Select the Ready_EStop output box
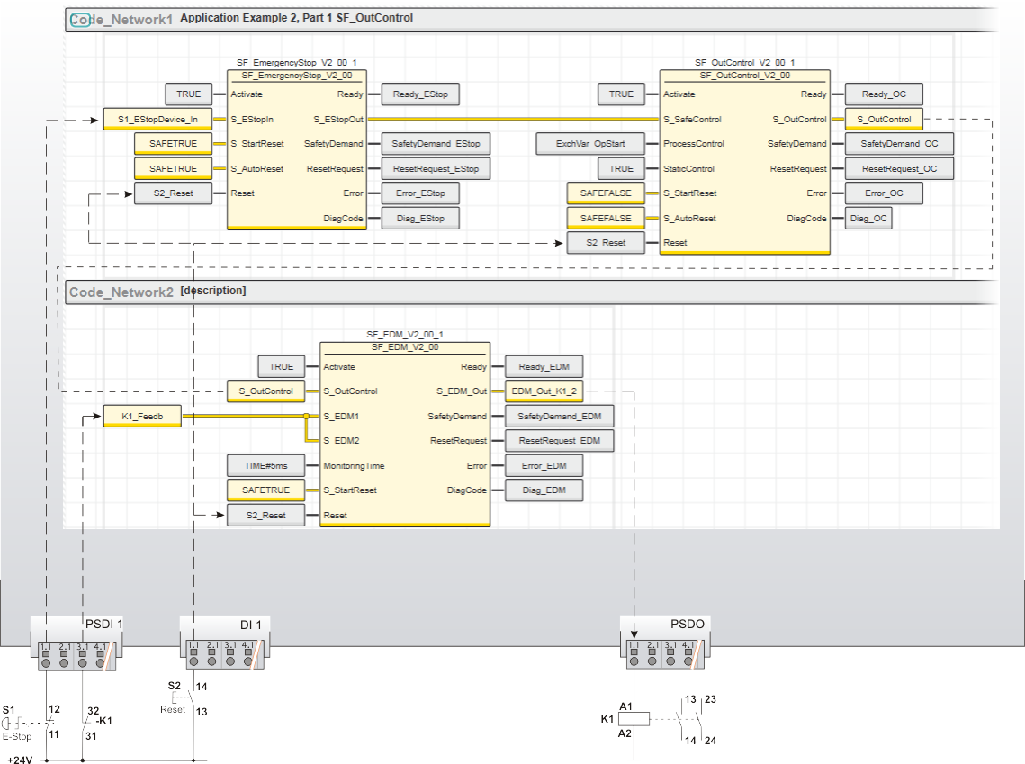coord(420,94)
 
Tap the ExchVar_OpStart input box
coord(591,143)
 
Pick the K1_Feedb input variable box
coord(142,416)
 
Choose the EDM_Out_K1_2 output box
coord(544,391)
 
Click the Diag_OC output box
coord(868,218)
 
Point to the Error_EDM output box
coord(543,465)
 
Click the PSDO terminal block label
coord(688,624)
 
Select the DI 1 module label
coord(250,624)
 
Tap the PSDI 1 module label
coord(103,624)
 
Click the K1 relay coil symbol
coord(636,719)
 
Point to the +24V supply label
coord(20,760)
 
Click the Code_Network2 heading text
coord(121,292)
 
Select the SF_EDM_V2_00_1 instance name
coord(405,335)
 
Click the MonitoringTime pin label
coord(354,465)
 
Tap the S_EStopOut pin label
coord(338,119)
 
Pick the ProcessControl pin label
coord(693,143)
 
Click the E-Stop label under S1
coord(16,736)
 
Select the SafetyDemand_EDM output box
coord(559,416)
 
